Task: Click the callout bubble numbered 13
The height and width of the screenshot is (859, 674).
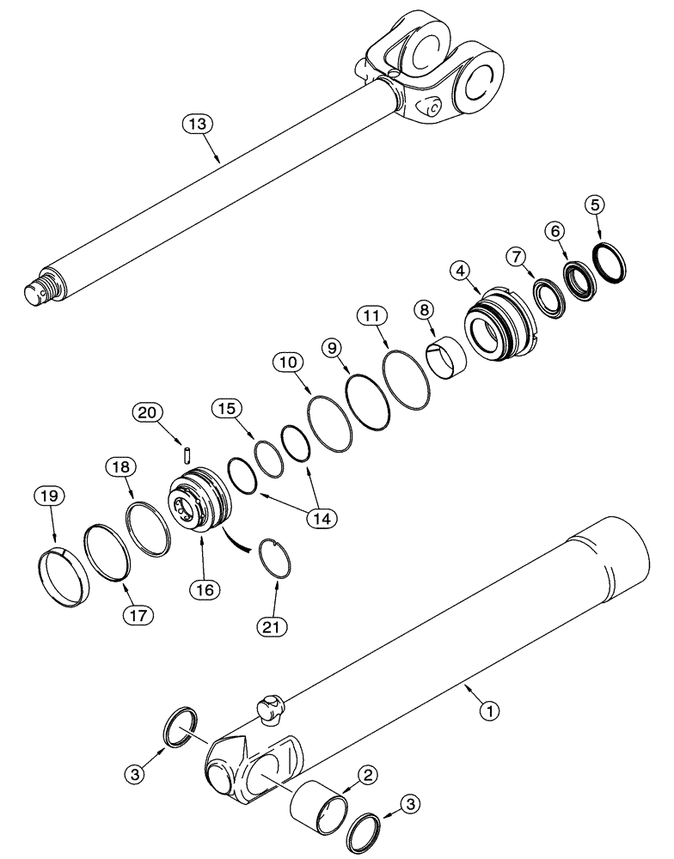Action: click(x=197, y=125)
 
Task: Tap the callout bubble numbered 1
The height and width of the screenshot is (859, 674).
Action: click(x=489, y=710)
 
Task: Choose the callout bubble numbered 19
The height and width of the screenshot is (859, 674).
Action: click(x=49, y=497)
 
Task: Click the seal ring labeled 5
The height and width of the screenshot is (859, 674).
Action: click(x=610, y=262)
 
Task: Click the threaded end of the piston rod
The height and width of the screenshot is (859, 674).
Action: click(x=42, y=292)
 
